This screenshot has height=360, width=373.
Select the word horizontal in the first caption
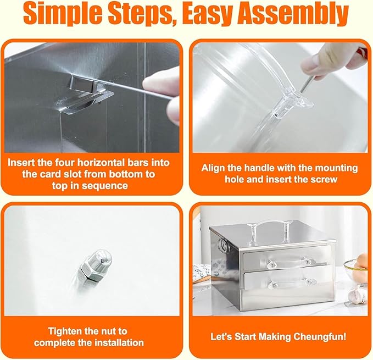tap(101, 163)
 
